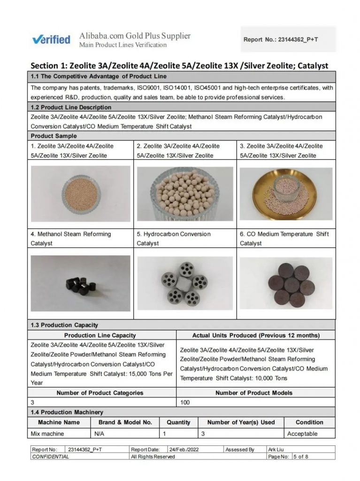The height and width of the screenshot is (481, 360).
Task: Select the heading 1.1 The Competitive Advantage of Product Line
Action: click(99, 76)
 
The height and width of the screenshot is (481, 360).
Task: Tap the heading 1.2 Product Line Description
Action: click(71, 108)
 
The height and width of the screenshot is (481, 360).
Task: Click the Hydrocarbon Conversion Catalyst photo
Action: click(184, 283)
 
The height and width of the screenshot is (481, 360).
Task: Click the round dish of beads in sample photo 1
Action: click(81, 194)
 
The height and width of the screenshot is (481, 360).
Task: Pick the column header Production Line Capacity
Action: click(100, 335)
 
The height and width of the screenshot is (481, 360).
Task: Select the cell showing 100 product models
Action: click(185, 403)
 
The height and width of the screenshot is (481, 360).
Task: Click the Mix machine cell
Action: click(47, 434)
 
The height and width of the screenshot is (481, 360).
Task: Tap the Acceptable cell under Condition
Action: click(302, 434)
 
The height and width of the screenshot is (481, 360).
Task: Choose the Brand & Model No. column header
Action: click(125, 422)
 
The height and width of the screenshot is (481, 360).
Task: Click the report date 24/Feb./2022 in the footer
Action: click(184, 450)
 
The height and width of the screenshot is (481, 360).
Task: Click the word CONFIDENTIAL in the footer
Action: click(50, 457)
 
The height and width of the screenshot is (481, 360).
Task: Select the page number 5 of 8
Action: click(301, 457)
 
